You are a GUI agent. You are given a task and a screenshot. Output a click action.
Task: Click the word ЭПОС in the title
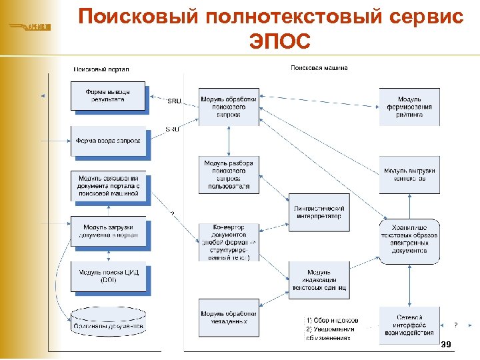click(x=280, y=41)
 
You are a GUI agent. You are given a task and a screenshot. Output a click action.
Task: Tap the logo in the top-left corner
click(x=29, y=27)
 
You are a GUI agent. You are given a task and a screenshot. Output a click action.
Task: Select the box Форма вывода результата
click(x=107, y=95)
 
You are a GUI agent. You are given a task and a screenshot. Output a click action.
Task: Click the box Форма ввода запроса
click(x=107, y=141)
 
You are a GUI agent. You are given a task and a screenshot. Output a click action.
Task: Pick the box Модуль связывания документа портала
click(x=107, y=186)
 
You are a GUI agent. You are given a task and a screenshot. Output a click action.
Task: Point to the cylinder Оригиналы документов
click(x=107, y=325)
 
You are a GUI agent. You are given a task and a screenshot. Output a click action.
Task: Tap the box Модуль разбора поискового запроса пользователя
click(x=228, y=175)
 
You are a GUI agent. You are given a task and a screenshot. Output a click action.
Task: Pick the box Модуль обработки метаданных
click(x=228, y=317)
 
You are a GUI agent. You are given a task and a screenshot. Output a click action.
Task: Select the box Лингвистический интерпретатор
click(x=317, y=212)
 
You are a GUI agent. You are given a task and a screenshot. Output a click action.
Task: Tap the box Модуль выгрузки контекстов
click(x=409, y=175)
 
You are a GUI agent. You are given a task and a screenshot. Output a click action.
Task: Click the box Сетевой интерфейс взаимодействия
click(x=409, y=325)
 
